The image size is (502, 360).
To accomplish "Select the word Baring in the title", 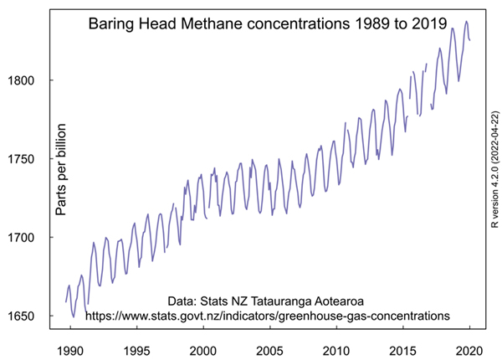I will tap(110, 28).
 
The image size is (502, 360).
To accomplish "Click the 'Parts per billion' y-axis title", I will tap(61, 172).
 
